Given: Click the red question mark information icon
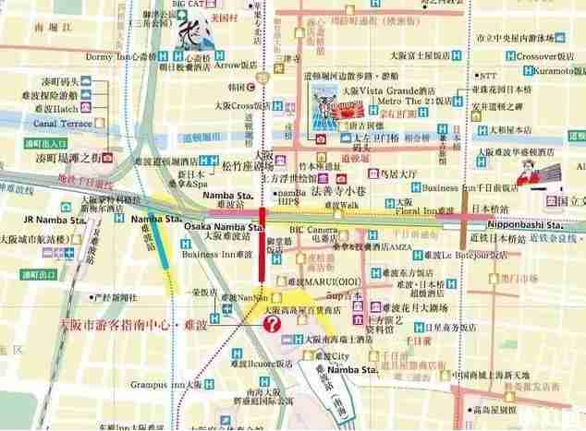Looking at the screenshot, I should click(x=273, y=325).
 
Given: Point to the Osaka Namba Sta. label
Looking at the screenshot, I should click(x=224, y=227).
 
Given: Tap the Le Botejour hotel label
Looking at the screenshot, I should click(x=474, y=255).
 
